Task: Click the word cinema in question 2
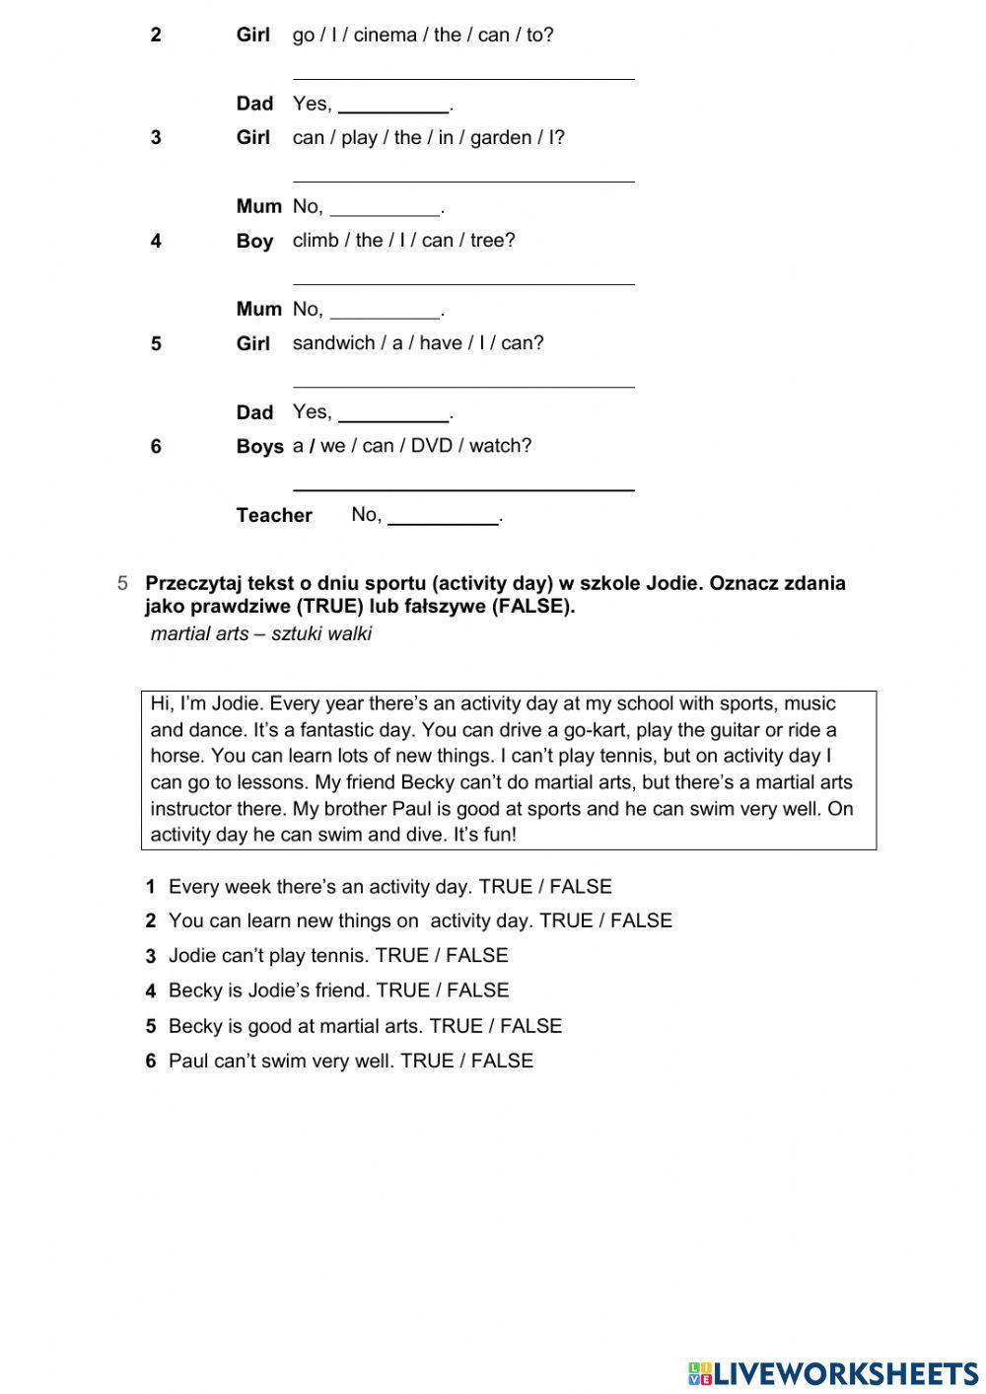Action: [385, 36]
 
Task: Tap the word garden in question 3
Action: [501, 138]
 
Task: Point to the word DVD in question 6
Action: [431, 446]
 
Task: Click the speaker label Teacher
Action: [274, 515]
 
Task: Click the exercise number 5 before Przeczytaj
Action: [122, 583]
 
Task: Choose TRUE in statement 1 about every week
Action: [505, 887]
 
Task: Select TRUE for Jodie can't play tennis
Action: [402, 956]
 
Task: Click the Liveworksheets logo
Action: [833, 1372]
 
